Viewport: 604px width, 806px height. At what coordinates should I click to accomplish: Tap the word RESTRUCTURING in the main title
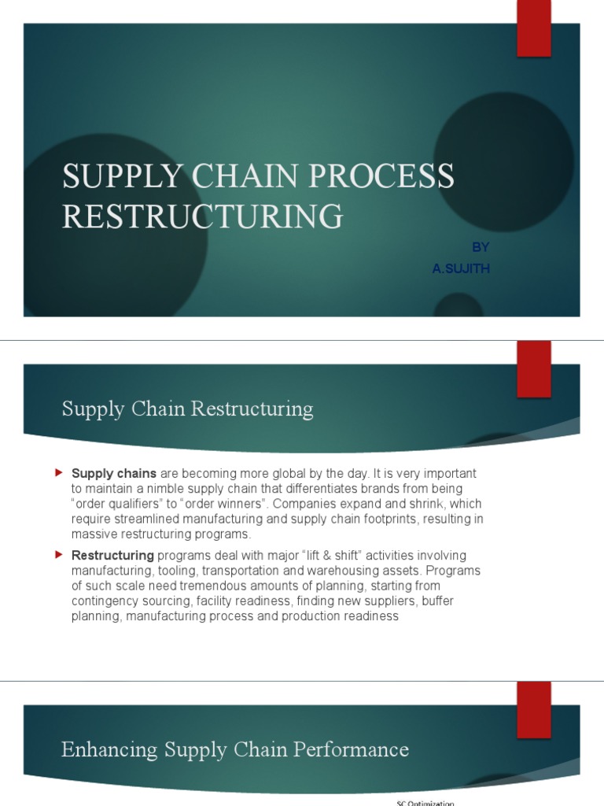[202, 215]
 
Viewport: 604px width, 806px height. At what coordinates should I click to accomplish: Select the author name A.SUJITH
[461, 269]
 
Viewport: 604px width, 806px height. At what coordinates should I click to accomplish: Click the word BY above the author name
[479, 247]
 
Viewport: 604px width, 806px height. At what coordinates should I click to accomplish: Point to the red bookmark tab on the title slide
[533, 28]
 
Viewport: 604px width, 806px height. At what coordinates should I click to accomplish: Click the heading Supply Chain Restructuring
[187, 409]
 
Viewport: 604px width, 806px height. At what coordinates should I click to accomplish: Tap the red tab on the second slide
[533, 368]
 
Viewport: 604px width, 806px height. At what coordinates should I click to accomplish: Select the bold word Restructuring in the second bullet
[112, 556]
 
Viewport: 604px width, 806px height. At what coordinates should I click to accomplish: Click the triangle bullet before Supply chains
[58, 473]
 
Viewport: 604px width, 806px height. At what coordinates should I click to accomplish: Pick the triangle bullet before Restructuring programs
[58, 555]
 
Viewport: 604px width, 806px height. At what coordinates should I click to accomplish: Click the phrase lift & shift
[330, 556]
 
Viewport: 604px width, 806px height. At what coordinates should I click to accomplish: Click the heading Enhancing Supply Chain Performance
[234, 749]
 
